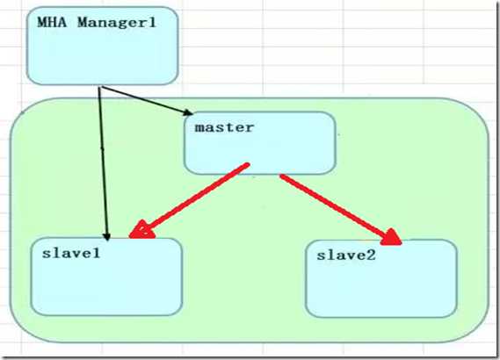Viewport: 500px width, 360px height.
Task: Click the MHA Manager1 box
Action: pyautogui.click(x=102, y=46)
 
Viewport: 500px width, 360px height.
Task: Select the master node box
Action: pyautogui.click(x=260, y=143)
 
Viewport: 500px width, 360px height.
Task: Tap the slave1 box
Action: pyautogui.click(x=107, y=277)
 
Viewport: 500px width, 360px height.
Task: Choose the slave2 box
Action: pyautogui.click(x=381, y=278)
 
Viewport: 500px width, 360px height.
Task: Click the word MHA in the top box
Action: pyautogui.click(x=52, y=23)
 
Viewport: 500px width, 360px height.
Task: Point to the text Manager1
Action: pyautogui.click(x=117, y=23)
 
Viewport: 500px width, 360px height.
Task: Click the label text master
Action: pyautogui.click(x=224, y=127)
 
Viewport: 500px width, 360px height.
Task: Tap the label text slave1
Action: pyautogui.click(x=71, y=253)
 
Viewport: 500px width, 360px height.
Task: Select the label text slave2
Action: pyautogui.click(x=346, y=256)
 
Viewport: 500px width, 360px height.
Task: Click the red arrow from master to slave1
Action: pyautogui.click(x=189, y=201)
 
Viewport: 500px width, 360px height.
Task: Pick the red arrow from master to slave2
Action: pyautogui.click(x=341, y=210)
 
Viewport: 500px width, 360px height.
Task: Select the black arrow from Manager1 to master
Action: pyautogui.click(x=147, y=100)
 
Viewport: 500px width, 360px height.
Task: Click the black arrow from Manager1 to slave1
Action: pyautogui.click(x=104, y=163)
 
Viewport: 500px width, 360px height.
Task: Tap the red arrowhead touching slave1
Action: pyautogui.click(x=141, y=230)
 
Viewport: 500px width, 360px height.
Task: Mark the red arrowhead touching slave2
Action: pyautogui.click(x=391, y=237)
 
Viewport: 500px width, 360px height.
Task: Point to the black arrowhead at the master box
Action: pyautogui.click(x=188, y=112)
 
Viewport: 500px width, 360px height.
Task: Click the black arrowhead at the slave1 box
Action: pyautogui.click(x=107, y=236)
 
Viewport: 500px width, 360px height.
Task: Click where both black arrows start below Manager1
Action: pyautogui.click(x=100, y=87)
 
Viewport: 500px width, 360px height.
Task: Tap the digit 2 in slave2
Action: pyautogui.click(x=372, y=256)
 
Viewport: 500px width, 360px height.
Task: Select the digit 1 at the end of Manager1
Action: pyautogui.click(x=152, y=23)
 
